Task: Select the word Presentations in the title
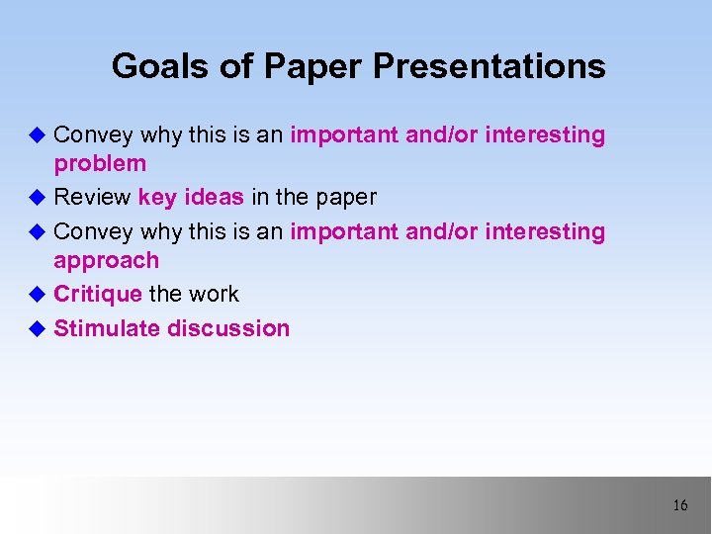point(489,66)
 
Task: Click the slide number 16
point(679,505)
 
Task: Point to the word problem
point(100,164)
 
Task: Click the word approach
point(106,261)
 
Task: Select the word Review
point(92,197)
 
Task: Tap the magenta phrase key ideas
point(191,197)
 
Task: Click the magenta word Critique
point(98,294)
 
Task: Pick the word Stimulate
point(107,328)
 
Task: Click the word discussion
point(228,328)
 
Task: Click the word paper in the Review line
point(346,197)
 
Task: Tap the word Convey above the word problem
point(94,134)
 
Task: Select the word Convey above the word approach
point(94,231)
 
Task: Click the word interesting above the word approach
point(545,231)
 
